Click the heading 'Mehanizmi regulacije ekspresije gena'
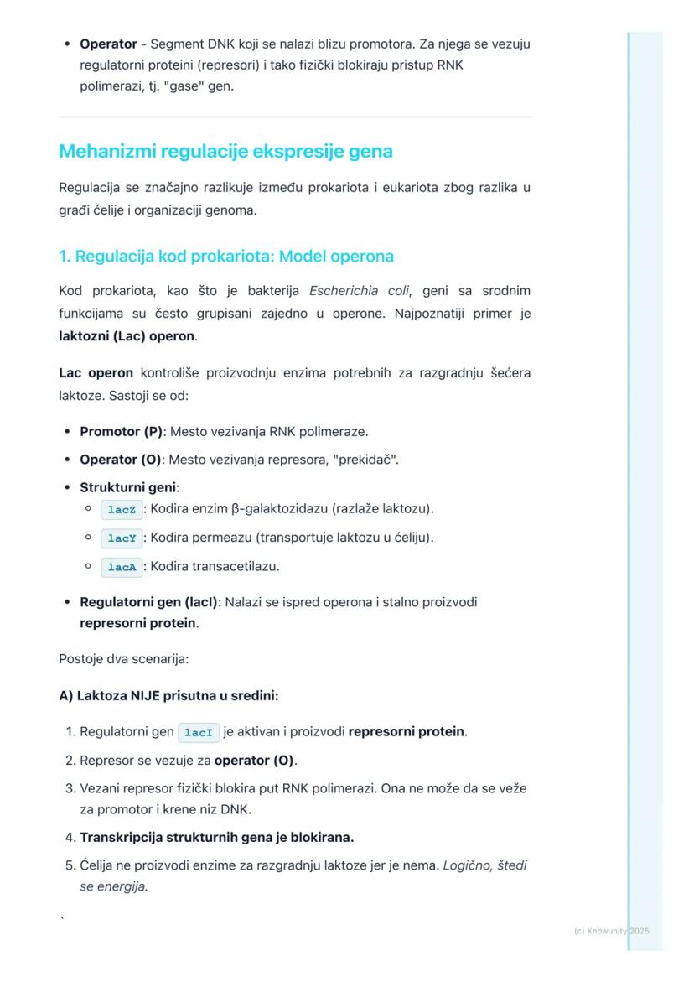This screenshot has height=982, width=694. pos(225,152)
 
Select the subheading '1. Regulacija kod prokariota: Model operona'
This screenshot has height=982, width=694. pos(225,256)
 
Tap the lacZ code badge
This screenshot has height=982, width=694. pos(121,509)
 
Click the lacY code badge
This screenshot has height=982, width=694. pos(121,538)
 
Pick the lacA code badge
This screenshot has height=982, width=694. pos(121,567)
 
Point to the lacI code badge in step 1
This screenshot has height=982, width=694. pos(199,732)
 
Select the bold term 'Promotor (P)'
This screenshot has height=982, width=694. pos(121,431)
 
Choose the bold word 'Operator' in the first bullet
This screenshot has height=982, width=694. pos(107,44)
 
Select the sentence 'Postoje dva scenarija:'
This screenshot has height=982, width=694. pos(123,659)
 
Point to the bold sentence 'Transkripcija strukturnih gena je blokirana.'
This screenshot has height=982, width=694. pos(216,837)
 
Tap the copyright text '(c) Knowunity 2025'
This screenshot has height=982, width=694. pos(611,931)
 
